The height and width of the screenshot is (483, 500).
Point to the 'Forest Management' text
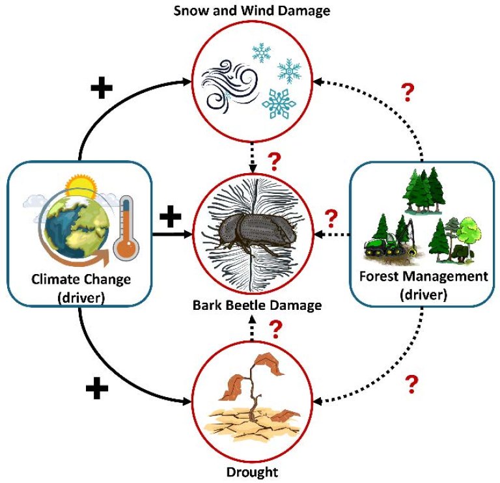(423, 276)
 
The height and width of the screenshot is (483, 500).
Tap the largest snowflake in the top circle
(279, 103)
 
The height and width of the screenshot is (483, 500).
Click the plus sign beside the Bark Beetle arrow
(170, 215)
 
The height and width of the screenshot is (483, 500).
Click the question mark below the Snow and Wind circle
(274, 160)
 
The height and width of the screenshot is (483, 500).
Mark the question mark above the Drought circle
(275, 331)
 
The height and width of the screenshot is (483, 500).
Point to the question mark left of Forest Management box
(331, 216)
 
